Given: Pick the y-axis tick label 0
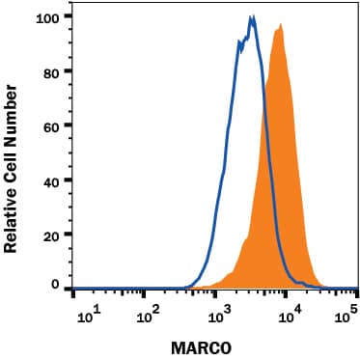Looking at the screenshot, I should (x=56, y=286).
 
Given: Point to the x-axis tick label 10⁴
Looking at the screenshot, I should (x=285, y=313).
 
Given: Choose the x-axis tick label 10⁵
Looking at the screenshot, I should (x=349, y=313).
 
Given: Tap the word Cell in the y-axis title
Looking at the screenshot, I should (x=12, y=162).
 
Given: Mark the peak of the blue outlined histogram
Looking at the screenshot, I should (x=252, y=16).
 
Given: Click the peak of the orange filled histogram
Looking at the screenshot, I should (x=281, y=26).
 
